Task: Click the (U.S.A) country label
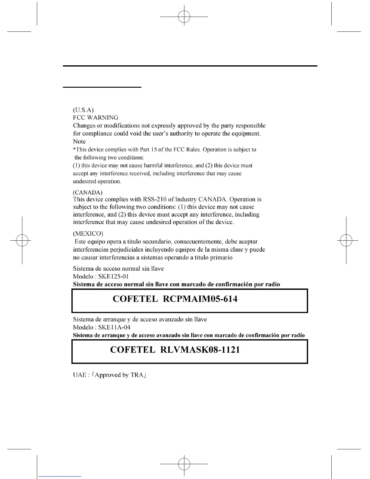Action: [83, 109]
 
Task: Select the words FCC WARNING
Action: [96, 117]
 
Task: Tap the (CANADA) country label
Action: [88, 192]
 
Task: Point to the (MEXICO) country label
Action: [88, 233]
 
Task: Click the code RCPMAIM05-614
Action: [200, 299]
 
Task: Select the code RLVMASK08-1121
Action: [200, 350]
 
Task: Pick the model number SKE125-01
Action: [114, 276]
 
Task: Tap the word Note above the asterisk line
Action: [79, 141]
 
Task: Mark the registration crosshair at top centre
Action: [184, 17]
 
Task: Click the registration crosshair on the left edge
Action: [22, 240]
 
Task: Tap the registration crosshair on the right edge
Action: [346, 240]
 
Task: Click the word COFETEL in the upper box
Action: [135, 299]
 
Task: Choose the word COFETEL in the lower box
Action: [133, 350]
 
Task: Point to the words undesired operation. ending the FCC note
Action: [97, 181]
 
